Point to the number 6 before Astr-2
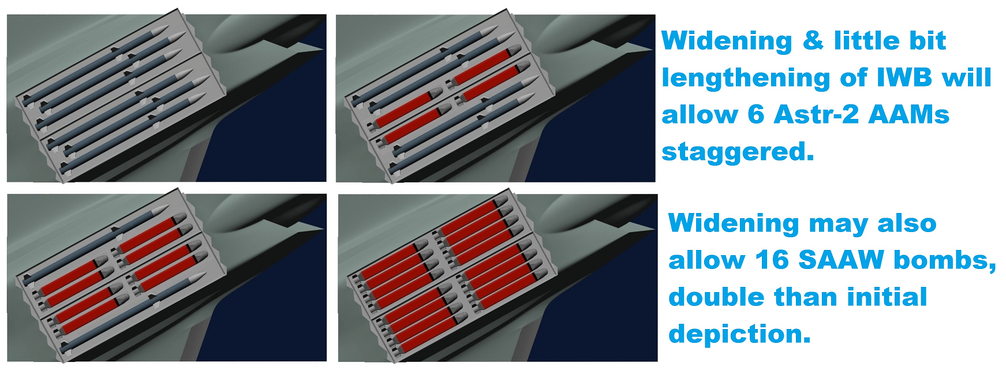coord(756,115)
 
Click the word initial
coord(887,297)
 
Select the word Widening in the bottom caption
coord(733,225)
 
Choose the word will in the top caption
coord(966,78)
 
